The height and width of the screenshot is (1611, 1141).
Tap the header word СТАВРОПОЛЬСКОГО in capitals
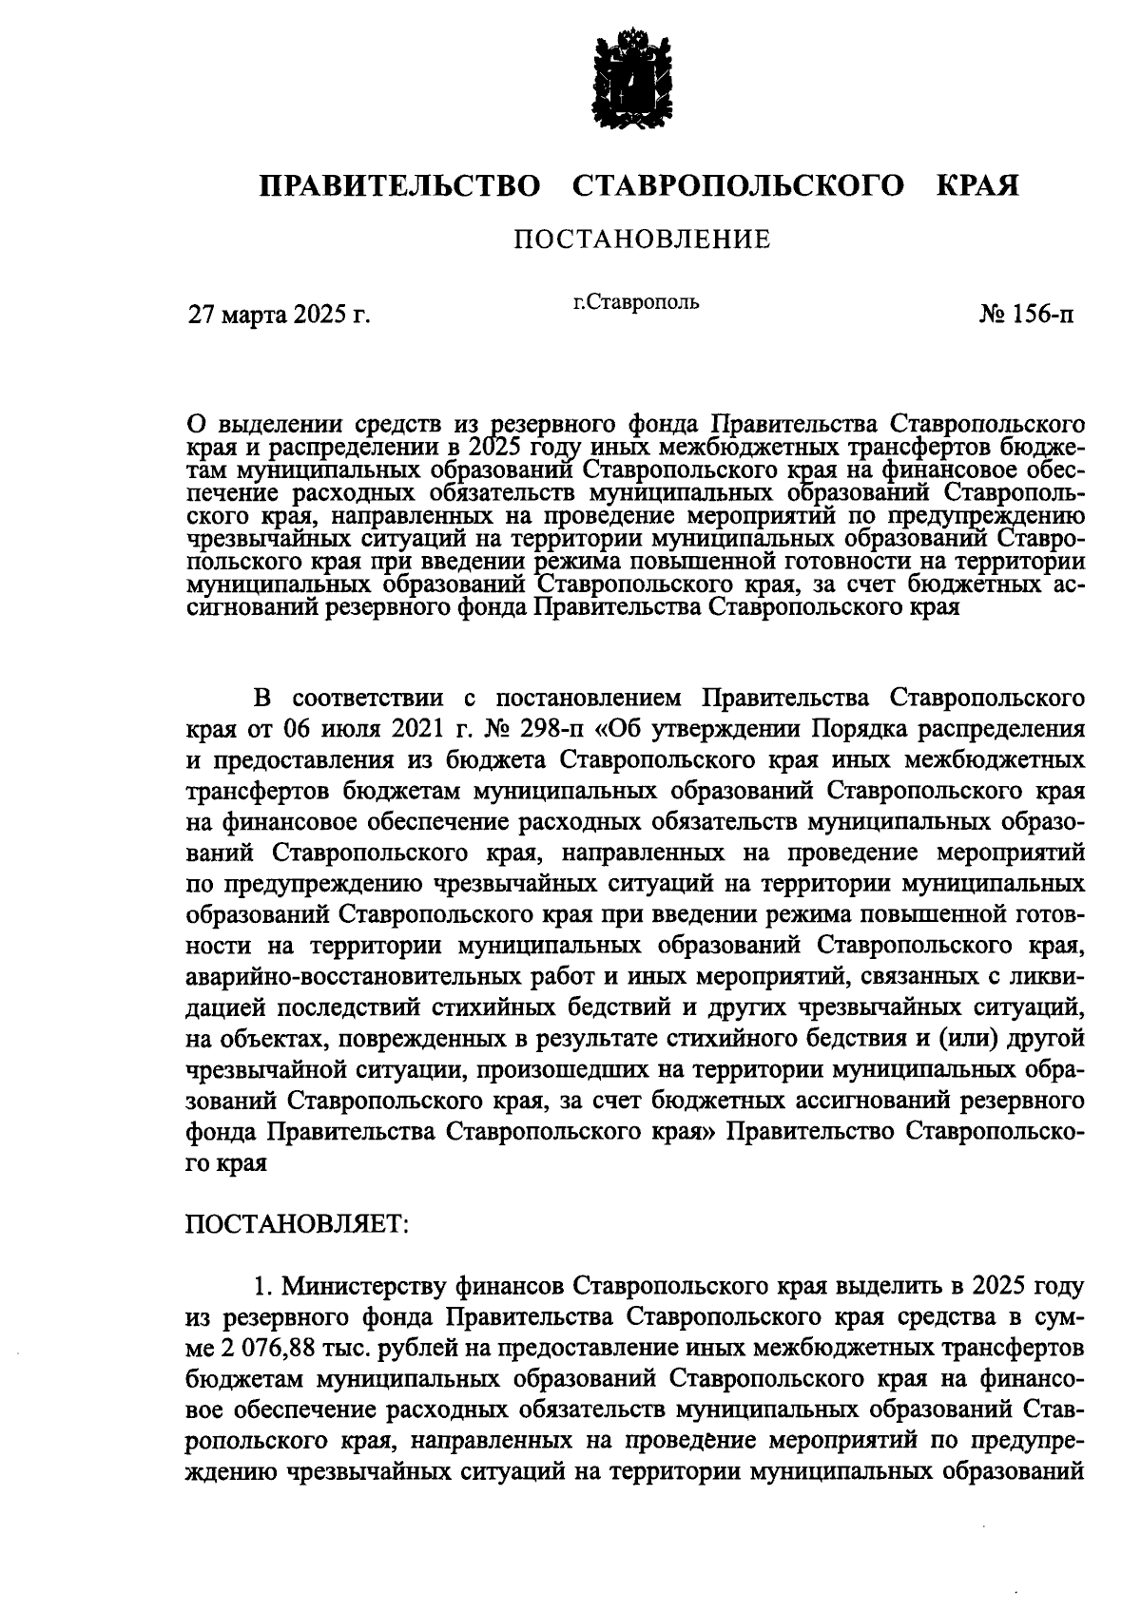[x=739, y=185]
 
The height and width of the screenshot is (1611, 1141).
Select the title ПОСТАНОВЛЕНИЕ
[x=642, y=240]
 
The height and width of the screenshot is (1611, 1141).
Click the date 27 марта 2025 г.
[x=279, y=315]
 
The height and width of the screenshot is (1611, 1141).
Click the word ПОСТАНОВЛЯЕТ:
[x=297, y=1223]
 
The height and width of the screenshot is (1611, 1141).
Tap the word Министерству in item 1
[x=377, y=1286]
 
